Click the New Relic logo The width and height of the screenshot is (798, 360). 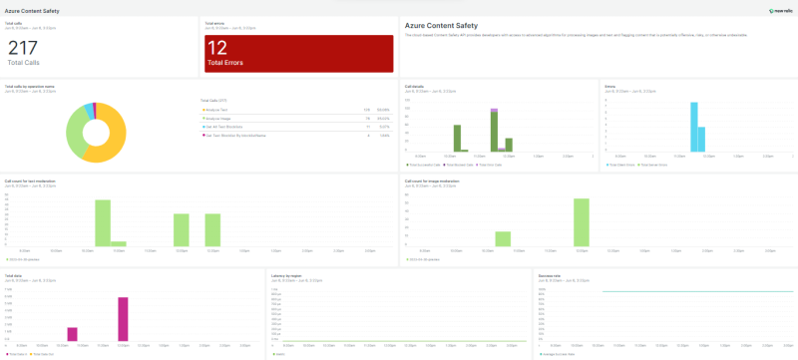pyautogui.click(x=779, y=10)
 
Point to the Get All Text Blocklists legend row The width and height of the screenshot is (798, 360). pyautogui.click(x=223, y=128)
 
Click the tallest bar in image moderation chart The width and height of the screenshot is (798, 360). pyautogui.click(x=581, y=221)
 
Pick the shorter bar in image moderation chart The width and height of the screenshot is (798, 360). pyautogui.click(x=504, y=238)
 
